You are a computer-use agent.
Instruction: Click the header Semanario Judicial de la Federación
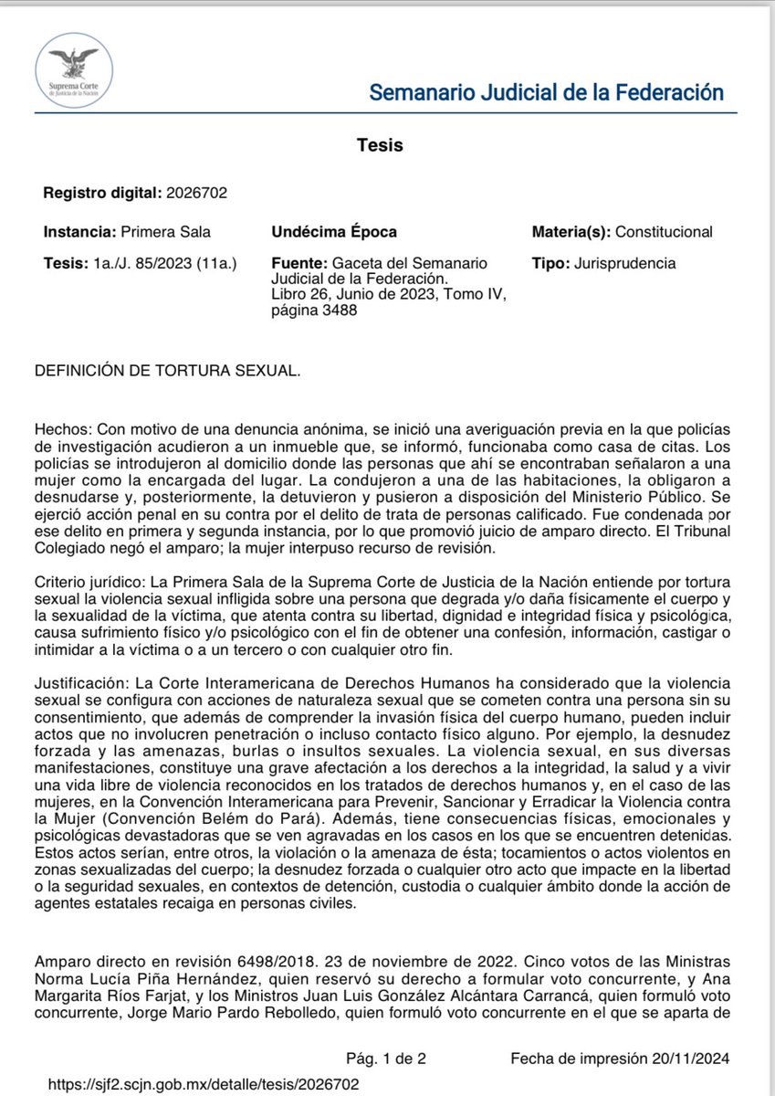coord(546,92)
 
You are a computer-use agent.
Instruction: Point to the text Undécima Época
coord(334,232)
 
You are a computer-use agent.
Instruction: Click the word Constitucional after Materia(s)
coord(665,232)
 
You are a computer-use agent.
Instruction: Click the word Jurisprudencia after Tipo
coord(625,263)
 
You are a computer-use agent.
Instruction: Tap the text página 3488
coord(314,310)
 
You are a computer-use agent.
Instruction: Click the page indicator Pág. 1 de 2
coord(384,1059)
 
